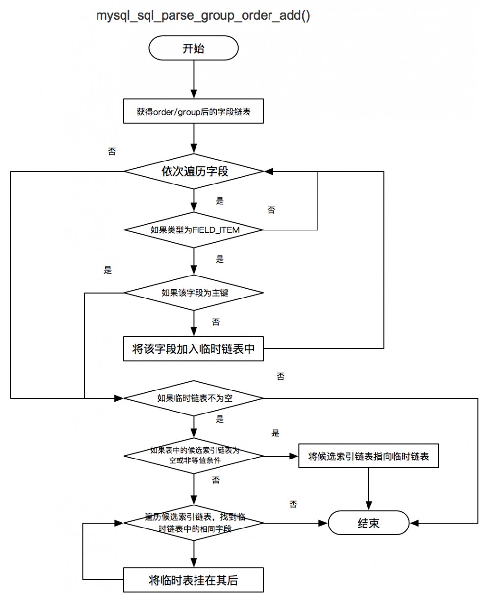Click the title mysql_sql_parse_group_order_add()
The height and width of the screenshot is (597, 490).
point(203,16)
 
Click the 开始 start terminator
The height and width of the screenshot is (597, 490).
point(194,49)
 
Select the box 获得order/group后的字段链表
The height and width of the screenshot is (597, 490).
point(194,112)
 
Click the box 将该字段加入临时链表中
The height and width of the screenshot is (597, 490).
point(194,348)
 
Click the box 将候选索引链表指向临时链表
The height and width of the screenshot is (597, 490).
point(368,456)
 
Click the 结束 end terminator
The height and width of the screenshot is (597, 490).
point(368,523)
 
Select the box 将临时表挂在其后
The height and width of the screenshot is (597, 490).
point(194,580)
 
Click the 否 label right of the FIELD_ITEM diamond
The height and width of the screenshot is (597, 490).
point(271,210)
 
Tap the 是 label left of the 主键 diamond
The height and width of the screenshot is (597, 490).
point(108,270)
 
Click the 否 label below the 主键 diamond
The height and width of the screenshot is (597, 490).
point(216,322)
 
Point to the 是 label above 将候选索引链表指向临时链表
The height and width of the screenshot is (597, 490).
point(275,433)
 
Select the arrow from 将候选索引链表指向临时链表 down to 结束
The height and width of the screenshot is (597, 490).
point(368,489)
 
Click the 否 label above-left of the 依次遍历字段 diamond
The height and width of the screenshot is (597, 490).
point(112,151)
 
